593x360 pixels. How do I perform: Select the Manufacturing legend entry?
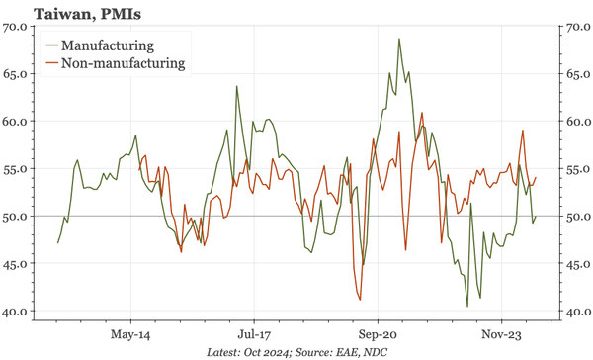point(107,45)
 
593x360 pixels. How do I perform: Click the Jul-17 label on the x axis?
point(253,334)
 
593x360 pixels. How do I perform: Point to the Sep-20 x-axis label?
point(377,334)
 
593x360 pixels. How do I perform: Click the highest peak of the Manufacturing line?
point(399,40)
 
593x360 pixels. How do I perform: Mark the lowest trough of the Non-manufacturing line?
point(360,300)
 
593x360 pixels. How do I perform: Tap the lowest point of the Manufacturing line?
point(467,306)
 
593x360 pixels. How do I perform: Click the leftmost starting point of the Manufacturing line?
point(58,242)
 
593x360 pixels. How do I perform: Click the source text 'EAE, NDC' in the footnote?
point(362,352)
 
